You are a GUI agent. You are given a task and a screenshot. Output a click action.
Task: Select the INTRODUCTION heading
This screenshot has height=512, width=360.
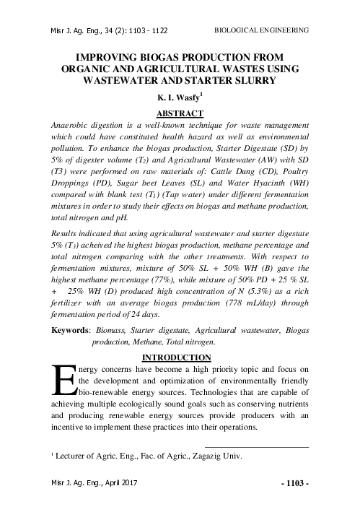tap(180, 357)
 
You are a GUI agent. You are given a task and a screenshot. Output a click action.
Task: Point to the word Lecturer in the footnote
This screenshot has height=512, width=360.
tap(76, 456)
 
